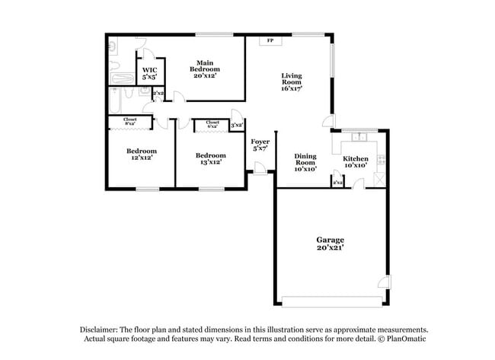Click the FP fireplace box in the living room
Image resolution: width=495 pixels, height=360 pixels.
pyautogui.click(x=270, y=40)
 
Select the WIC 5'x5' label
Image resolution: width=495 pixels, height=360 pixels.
pyautogui.click(x=149, y=73)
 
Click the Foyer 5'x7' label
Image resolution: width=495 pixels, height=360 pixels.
pyautogui.click(x=260, y=145)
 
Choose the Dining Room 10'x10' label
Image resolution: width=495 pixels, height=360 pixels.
pyautogui.click(x=305, y=161)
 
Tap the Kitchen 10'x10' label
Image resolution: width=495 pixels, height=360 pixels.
pyautogui.click(x=355, y=161)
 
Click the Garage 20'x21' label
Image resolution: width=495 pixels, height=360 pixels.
pyautogui.click(x=331, y=243)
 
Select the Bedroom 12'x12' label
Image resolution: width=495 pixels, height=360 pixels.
pyautogui.click(x=141, y=155)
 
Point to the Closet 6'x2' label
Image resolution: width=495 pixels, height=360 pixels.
pyautogui.click(x=212, y=123)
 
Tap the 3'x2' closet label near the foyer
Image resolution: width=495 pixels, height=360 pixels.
pyautogui.click(x=238, y=125)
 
